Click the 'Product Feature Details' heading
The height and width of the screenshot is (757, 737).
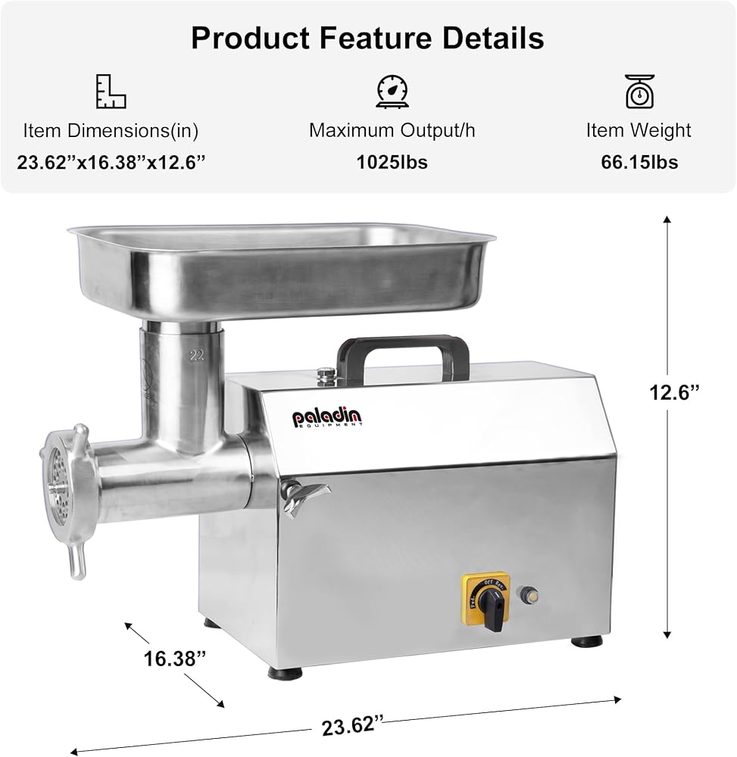tap(367, 38)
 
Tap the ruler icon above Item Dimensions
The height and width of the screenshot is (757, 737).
tap(111, 92)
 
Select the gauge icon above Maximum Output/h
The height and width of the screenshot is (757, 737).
tap(392, 91)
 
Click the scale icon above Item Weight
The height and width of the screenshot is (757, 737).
tap(639, 92)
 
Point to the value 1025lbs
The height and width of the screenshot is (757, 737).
tap(392, 162)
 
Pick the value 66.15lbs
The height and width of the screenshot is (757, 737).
tap(639, 162)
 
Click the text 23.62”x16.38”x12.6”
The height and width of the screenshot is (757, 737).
tap(111, 162)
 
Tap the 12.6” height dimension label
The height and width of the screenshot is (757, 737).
tap(674, 392)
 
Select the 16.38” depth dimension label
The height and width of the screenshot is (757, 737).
tap(175, 659)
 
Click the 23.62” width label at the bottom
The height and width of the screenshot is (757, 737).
tap(352, 725)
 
